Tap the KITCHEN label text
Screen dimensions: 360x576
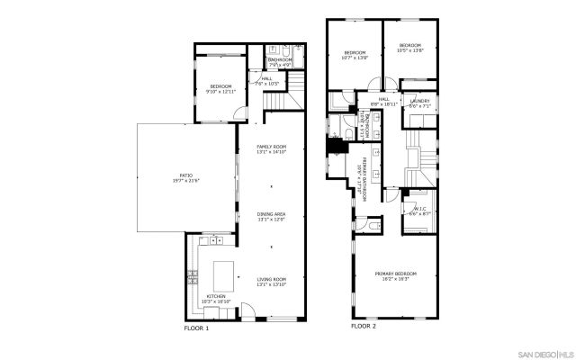(217, 298)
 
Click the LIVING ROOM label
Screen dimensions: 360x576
(271, 282)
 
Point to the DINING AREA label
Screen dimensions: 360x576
(271, 216)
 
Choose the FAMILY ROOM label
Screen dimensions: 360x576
(271, 148)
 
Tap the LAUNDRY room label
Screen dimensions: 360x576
(419, 103)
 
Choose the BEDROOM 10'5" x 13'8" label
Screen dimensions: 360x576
(411, 47)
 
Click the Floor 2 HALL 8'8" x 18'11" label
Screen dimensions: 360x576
(383, 102)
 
